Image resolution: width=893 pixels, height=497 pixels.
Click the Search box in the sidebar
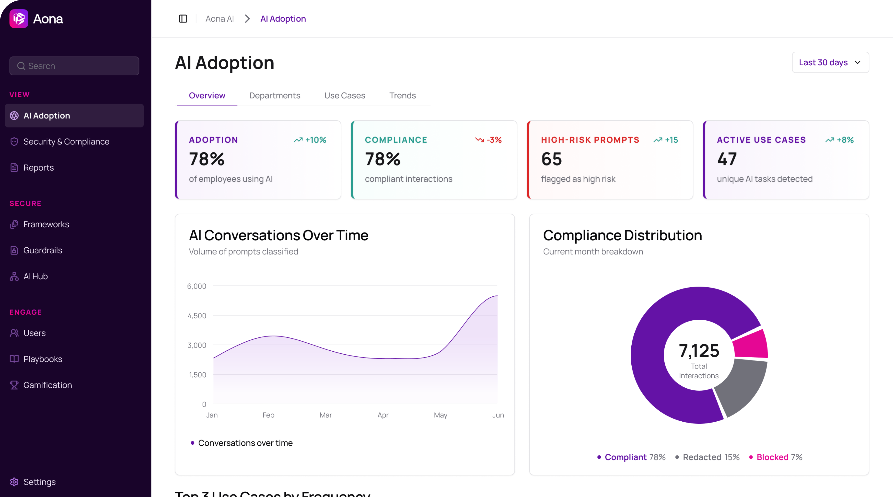point(74,66)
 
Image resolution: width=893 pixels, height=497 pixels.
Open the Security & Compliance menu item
point(66,141)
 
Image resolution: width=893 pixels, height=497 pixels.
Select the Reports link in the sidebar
point(38,168)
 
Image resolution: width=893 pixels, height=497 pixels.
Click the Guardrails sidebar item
point(42,250)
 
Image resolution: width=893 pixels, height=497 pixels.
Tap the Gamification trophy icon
point(14,385)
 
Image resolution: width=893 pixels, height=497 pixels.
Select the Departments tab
point(275,95)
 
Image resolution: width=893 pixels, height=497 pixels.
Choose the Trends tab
point(402,95)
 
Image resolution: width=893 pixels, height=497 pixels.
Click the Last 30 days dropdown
point(830,62)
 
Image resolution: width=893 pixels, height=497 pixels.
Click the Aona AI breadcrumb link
point(220,19)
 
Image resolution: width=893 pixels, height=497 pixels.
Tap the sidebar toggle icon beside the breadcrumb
point(183,19)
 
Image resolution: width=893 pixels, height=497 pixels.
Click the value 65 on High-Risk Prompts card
point(551,159)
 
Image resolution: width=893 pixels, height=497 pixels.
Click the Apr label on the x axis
point(383,415)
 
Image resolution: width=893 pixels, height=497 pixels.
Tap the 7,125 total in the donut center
point(699,351)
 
